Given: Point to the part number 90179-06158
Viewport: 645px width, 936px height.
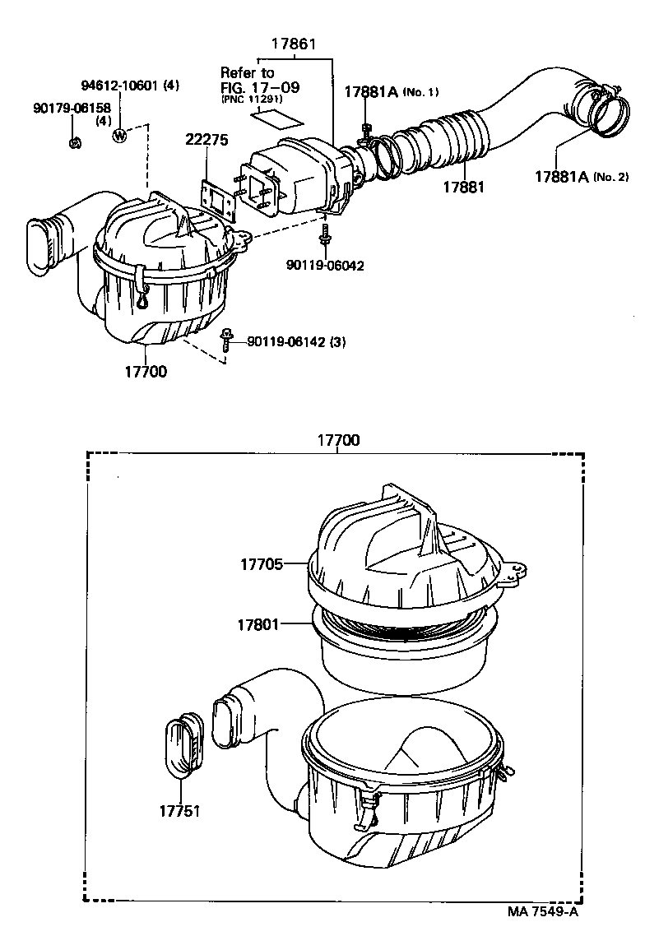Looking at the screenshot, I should tap(72, 108).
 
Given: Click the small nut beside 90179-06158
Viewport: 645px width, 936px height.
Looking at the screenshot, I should tap(75, 142).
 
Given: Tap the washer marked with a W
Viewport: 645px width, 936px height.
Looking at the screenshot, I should tap(120, 135).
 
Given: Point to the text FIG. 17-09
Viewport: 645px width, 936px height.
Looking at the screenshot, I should tap(259, 87).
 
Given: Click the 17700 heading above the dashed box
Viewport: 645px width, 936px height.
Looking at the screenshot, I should tap(338, 440).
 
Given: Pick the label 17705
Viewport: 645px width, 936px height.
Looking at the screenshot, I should tap(261, 564).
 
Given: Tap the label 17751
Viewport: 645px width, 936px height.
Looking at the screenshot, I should tap(179, 810).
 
